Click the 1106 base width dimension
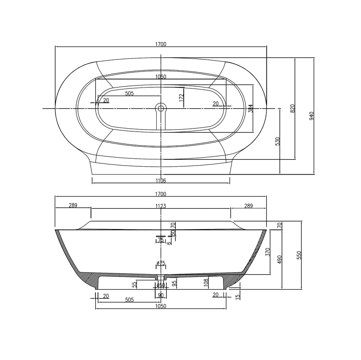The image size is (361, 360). (x=161, y=181)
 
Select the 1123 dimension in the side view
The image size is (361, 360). (x=161, y=206)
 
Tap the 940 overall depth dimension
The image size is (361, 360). (x=311, y=116)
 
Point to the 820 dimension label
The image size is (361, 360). (x=292, y=108)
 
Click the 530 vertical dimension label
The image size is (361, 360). (x=278, y=141)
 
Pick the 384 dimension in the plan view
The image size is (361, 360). (x=251, y=108)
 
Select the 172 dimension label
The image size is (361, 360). (x=182, y=97)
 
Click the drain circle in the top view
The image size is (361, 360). (x=161, y=107)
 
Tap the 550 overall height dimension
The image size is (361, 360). (x=299, y=255)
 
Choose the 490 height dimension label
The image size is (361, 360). (x=280, y=259)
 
